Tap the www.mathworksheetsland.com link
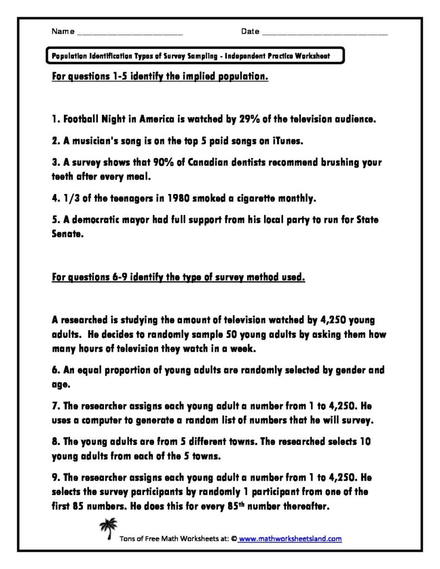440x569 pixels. (290, 538)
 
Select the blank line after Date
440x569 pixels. (324, 34)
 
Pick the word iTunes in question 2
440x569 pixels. (287, 141)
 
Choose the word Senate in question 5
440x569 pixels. (63, 234)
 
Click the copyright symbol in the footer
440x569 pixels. (234, 538)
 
